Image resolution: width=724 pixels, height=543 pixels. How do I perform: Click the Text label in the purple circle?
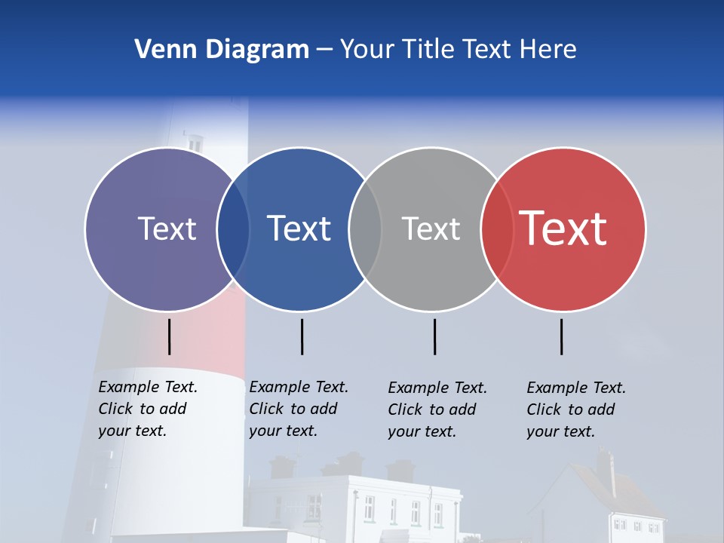click(167, 229)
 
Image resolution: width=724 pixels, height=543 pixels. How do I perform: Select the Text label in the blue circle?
click(299, 229)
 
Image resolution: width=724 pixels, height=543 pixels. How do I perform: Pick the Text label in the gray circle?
click(431, 229)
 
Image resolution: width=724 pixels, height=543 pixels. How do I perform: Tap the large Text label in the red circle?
click(563, 229)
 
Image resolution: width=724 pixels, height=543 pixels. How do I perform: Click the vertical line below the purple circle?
click(170, 336)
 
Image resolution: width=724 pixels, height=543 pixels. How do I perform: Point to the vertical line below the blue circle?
click(302, 336)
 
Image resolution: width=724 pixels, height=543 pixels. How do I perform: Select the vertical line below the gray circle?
click(434, 336)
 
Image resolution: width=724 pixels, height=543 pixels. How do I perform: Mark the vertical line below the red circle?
click(562, 336)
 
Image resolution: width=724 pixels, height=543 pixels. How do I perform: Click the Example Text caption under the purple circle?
click(148, 409)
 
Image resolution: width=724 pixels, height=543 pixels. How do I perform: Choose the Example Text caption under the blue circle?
click(299, 409)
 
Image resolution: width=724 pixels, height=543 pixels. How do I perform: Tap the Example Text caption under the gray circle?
click(437, 410)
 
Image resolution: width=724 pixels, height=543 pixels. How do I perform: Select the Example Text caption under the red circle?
click(576, 410)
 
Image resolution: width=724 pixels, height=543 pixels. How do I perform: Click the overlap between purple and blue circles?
click(233, 229)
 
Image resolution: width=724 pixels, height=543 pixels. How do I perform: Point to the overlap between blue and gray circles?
click(365, 229)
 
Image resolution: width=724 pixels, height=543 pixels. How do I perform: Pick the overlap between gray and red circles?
click(497, 229)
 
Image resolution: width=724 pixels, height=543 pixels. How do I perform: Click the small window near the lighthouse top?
click(195, 143)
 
